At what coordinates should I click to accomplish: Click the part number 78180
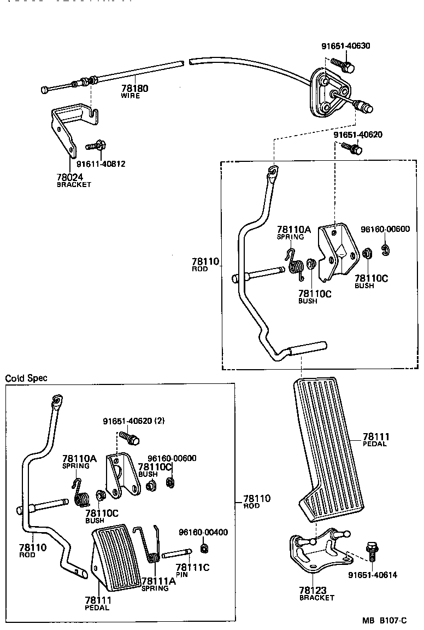(x=134, y=89)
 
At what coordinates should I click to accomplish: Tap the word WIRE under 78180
(x=131, y=96)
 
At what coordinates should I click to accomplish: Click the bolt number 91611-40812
(x=101, y=164)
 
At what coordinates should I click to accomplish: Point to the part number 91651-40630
(x=345, y=46)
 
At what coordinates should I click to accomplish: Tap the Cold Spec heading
(x=26, y=378)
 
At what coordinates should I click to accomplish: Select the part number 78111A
(x=158, y=581)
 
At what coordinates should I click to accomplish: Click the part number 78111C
(x=192, y=568)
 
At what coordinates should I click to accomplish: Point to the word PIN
(x=182, y=575)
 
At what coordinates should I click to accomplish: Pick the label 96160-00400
(x=203, y=532)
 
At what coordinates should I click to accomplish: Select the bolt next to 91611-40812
(x=97, y=146)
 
